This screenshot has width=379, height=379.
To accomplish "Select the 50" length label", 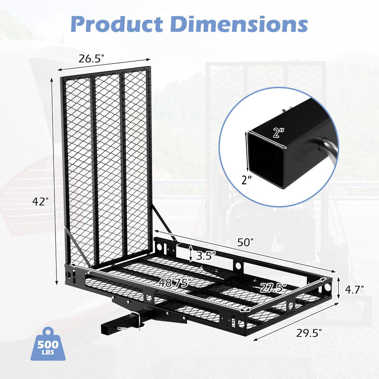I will [245, 242].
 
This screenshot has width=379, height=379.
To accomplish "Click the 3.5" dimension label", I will [206, 254].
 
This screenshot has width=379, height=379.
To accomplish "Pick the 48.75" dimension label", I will [175, 283].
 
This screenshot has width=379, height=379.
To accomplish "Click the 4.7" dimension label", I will [354, 289].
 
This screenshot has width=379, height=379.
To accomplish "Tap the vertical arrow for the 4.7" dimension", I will [340, 289].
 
